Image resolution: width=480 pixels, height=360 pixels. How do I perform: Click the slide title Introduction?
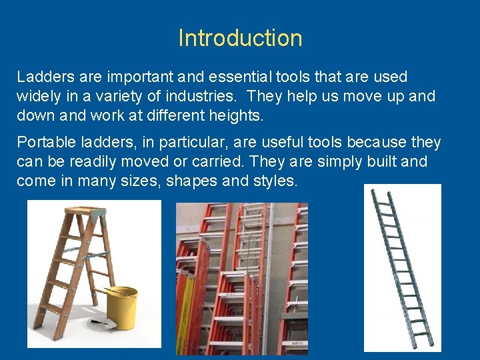[240, 38]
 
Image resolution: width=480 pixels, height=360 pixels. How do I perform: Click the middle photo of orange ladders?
[241, 279]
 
